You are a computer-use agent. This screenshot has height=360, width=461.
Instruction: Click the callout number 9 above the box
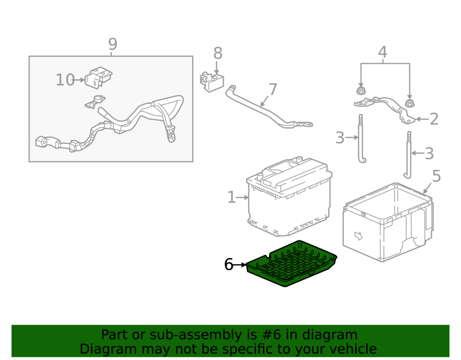(112, 44)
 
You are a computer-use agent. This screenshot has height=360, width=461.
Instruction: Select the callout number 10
(65, 80)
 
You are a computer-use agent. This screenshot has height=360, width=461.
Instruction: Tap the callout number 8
(218, 53)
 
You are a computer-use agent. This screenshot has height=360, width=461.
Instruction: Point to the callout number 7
(273, 89)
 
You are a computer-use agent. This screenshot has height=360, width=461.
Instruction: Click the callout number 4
(382, 52)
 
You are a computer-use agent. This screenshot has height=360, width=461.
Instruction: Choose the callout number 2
(434, 119)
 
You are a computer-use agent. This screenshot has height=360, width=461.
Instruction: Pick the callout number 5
(437, 176)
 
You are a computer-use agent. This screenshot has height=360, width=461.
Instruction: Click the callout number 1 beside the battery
(232, 197)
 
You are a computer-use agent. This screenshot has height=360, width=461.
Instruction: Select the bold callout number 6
(229, 264)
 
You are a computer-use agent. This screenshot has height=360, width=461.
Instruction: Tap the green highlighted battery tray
(291, 264)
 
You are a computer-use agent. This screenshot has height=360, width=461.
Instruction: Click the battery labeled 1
(290, 196)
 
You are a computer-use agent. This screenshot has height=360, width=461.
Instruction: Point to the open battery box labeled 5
(388, 222)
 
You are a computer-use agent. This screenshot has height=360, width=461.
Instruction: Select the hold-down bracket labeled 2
(385, 109)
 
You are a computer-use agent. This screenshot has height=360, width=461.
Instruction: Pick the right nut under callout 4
(409, 103)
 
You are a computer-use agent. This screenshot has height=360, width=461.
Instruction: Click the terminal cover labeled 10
(99, 77)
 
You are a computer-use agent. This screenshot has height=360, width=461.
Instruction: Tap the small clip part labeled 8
(212, 82)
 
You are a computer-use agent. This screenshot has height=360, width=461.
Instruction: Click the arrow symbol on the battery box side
(358, 236)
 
